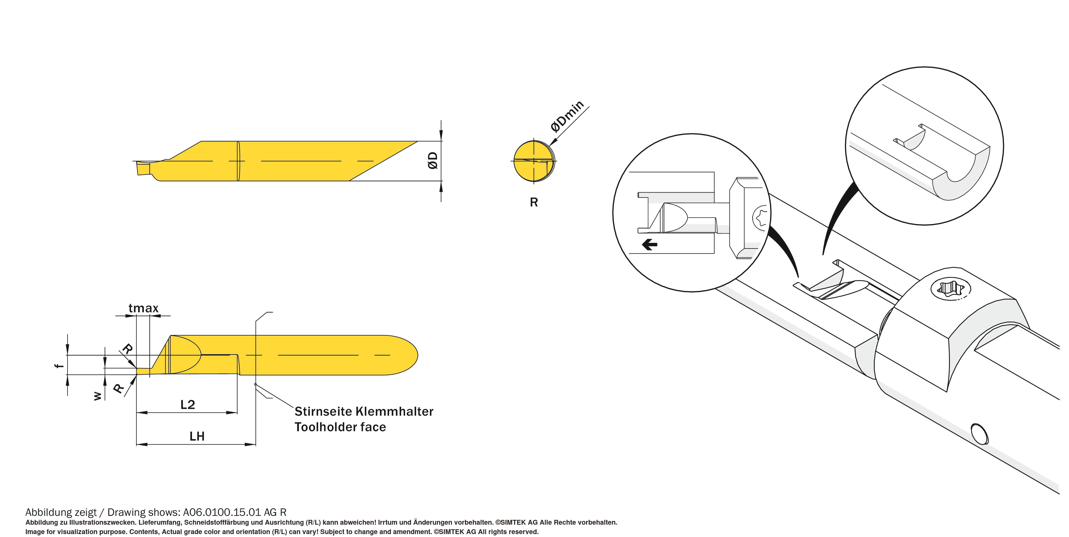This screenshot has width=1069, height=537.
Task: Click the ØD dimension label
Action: coord(433,161)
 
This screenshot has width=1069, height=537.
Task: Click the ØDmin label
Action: coord(567,116)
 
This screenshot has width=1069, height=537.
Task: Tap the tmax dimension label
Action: coord(144,308)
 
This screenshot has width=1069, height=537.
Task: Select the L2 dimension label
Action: coord(187,405)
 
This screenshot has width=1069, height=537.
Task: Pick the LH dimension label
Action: coord(197,436)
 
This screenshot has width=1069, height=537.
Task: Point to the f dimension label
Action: coord(60,366)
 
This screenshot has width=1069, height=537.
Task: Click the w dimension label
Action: coord(97,396)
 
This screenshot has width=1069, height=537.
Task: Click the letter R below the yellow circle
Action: coord(534,202)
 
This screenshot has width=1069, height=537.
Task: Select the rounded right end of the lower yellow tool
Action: coord(409,355)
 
